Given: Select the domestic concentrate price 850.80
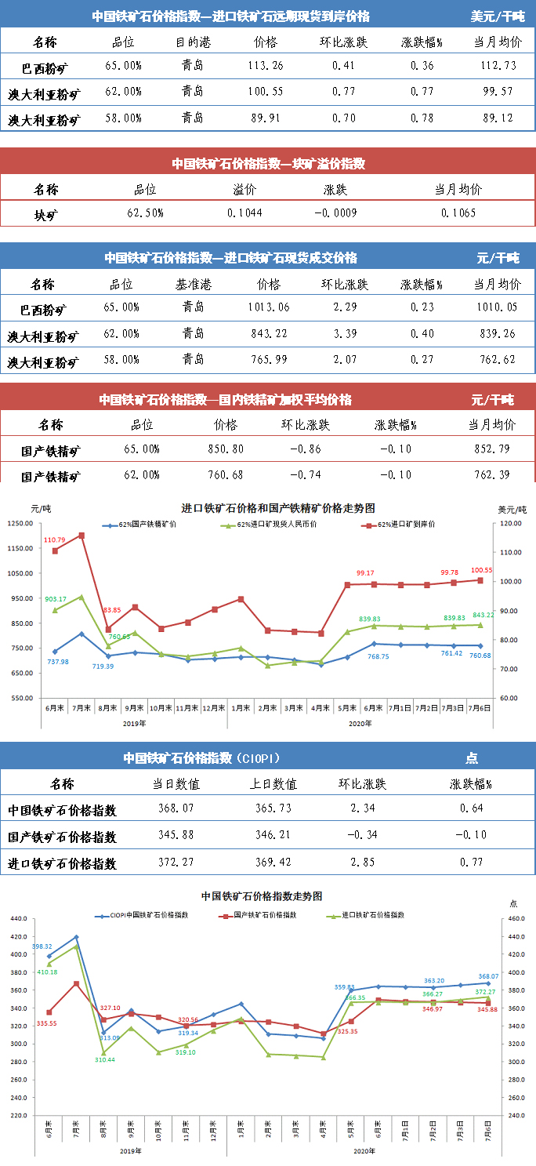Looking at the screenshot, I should pyautogui.click(x=225, y=449).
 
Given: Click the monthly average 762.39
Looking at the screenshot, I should pyautogui.click(x=491, y=475).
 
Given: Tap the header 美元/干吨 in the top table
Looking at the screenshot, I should pyautogui.click(x=498, y=16).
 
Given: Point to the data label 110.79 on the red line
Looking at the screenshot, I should pyautogui.click(x=55, y=539).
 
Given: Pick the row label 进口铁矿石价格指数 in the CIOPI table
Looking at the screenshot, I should pyautogui.click(x=63, y=863).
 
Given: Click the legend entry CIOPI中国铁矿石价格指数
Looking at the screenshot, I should pyautogui.click(x=143, y=914).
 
